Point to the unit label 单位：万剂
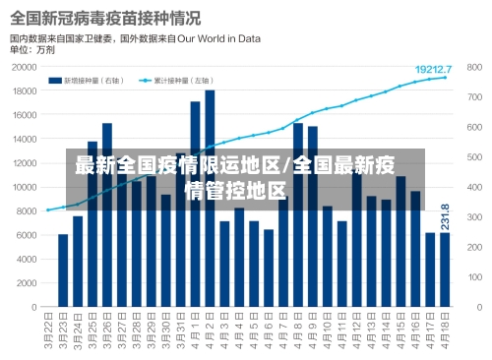tap(31, 49)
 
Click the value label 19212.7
tap(433, 69)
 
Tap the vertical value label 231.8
tap(445, 216)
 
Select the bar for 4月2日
tap(210, 197)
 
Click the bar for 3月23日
tap(63, 270)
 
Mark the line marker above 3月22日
tap(48, 210)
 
